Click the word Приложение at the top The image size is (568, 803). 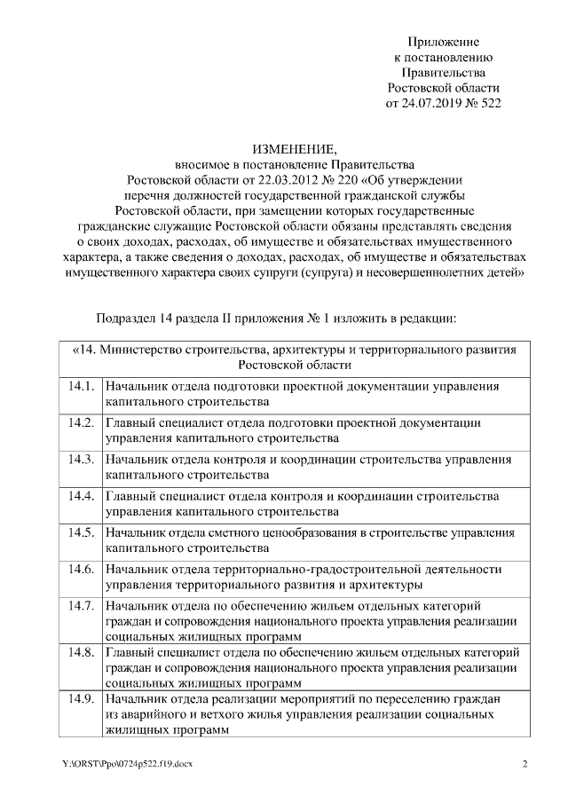[443, 42]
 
